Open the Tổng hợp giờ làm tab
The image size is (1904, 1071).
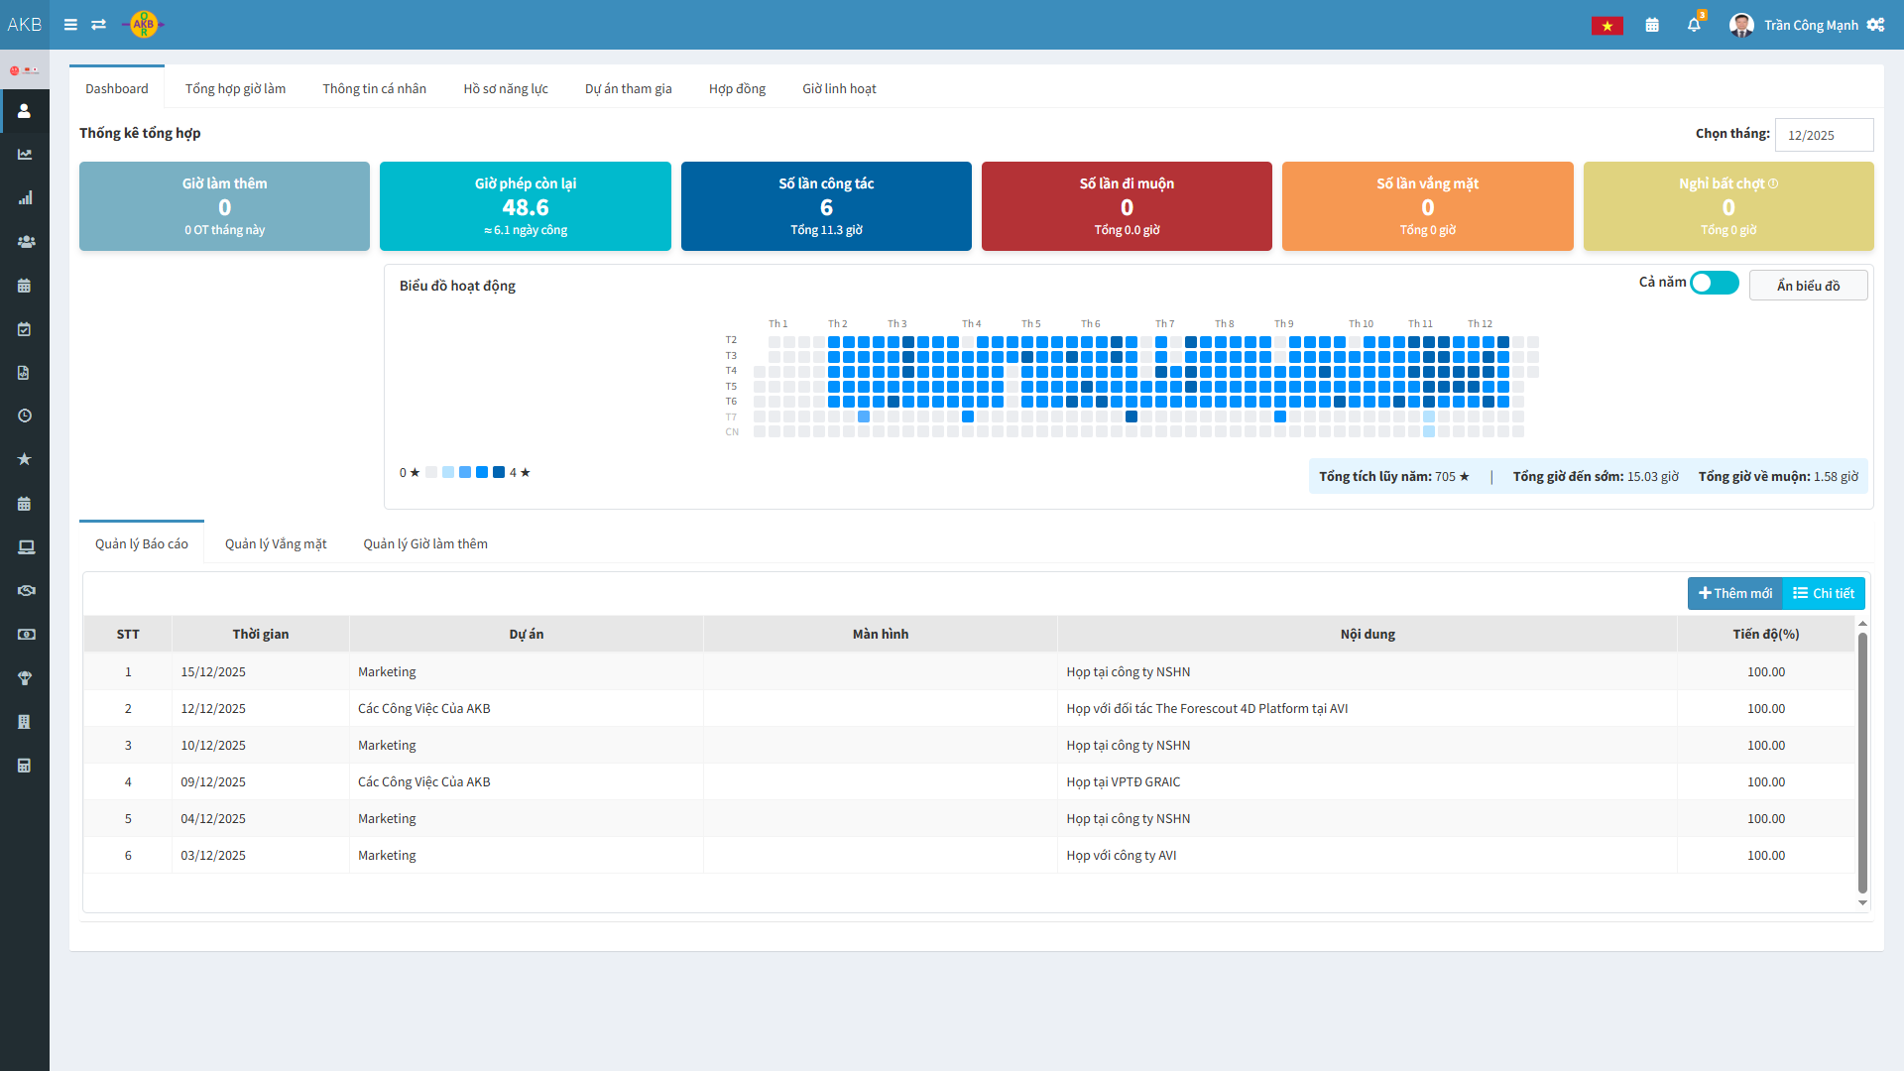coord(235,89)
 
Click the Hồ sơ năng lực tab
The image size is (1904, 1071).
coord(506,89)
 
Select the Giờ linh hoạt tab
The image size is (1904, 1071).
coord(839,89)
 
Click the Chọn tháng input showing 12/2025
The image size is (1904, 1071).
coord(1823,135)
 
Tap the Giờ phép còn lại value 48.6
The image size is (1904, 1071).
coord(526,207)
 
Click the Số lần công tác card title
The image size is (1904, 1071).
coord(826,183)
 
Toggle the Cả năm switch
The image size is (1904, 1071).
coord(1714,284)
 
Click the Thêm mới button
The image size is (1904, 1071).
coord(1735,593)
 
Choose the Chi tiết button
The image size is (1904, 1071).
coord(1824,593)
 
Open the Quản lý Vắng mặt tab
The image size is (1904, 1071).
coord(276,544)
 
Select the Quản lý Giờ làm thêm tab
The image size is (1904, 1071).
coord(425,544)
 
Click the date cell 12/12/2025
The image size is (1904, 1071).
coord(213,709)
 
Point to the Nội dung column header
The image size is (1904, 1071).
coord(1368,635)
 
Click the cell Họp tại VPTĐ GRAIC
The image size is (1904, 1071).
coord(1124,782)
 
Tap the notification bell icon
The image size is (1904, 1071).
coord(1694,25)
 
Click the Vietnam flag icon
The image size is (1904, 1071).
coord(1606,26)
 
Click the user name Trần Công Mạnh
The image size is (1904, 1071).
coord(1811,26)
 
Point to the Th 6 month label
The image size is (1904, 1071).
coord(1091,324)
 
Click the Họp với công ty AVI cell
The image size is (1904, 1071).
coord(1122,856)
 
